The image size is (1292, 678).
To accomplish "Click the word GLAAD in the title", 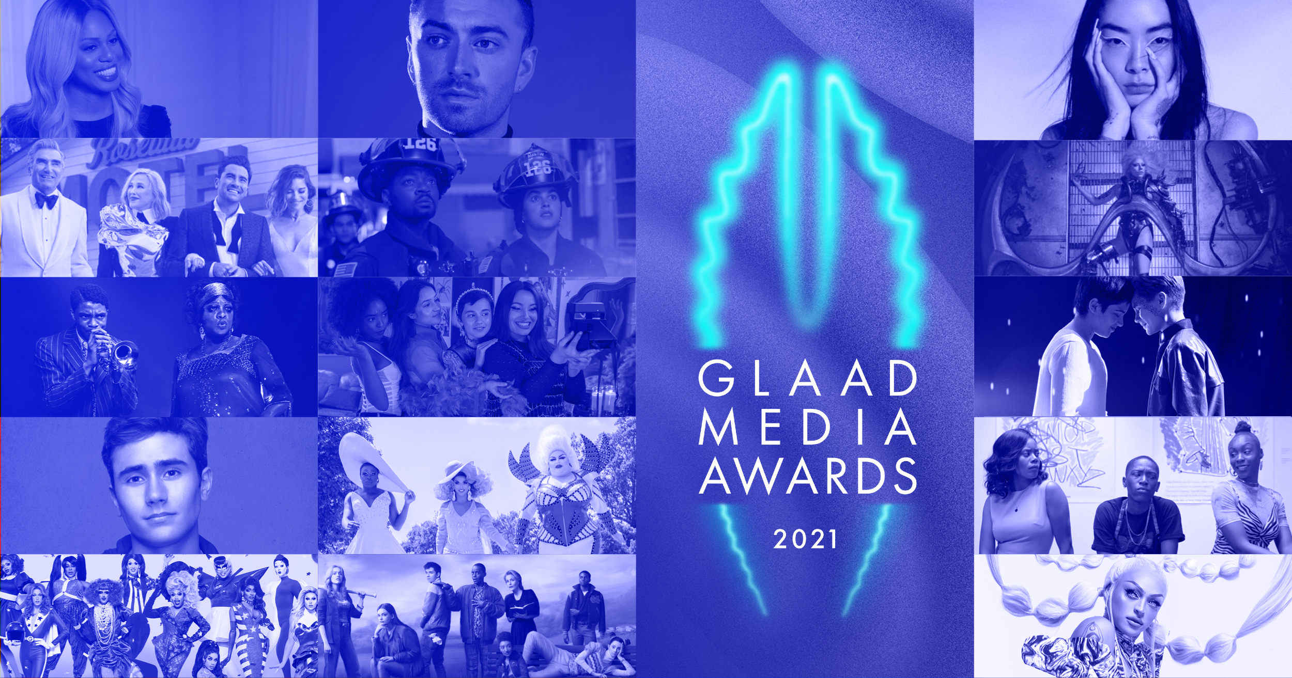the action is [x=807, y=379].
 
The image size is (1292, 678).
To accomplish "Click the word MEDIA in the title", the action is [x=807, y=427].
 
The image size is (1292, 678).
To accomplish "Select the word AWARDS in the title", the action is [x=808, y=476].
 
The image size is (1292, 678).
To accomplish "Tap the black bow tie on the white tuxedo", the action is [x=47, y=200].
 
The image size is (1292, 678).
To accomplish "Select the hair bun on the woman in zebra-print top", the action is [x=1243, y=429].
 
